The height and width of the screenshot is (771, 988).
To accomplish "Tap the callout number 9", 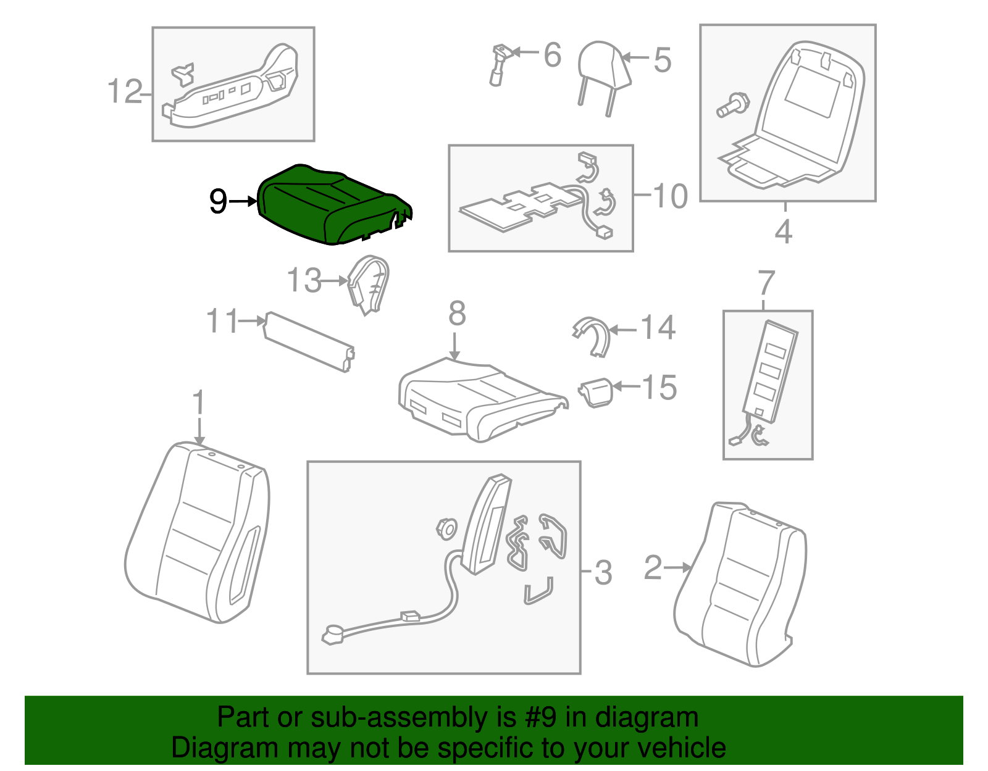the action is pos(218,201).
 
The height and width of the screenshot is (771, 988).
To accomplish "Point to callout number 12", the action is pos(125,91).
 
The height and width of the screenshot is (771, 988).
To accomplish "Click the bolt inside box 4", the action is pos(732,105).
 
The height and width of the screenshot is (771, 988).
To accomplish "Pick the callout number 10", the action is pos(670,197).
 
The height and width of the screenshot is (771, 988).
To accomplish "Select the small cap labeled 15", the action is pos(596,392).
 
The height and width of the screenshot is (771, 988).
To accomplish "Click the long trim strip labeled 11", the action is pos(309,341).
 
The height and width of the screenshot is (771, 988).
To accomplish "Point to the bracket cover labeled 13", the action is pos(368,285).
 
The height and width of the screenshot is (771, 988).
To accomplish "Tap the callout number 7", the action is pos(766,283).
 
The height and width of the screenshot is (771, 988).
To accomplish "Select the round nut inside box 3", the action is pos(446,529).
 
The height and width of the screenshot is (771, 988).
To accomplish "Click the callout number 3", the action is pos(603,573).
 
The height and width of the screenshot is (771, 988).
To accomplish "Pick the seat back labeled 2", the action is pos(740,584).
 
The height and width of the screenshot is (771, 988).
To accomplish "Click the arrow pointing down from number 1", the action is pos(199,431).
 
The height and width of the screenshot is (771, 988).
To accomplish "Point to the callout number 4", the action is pos(784,231).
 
